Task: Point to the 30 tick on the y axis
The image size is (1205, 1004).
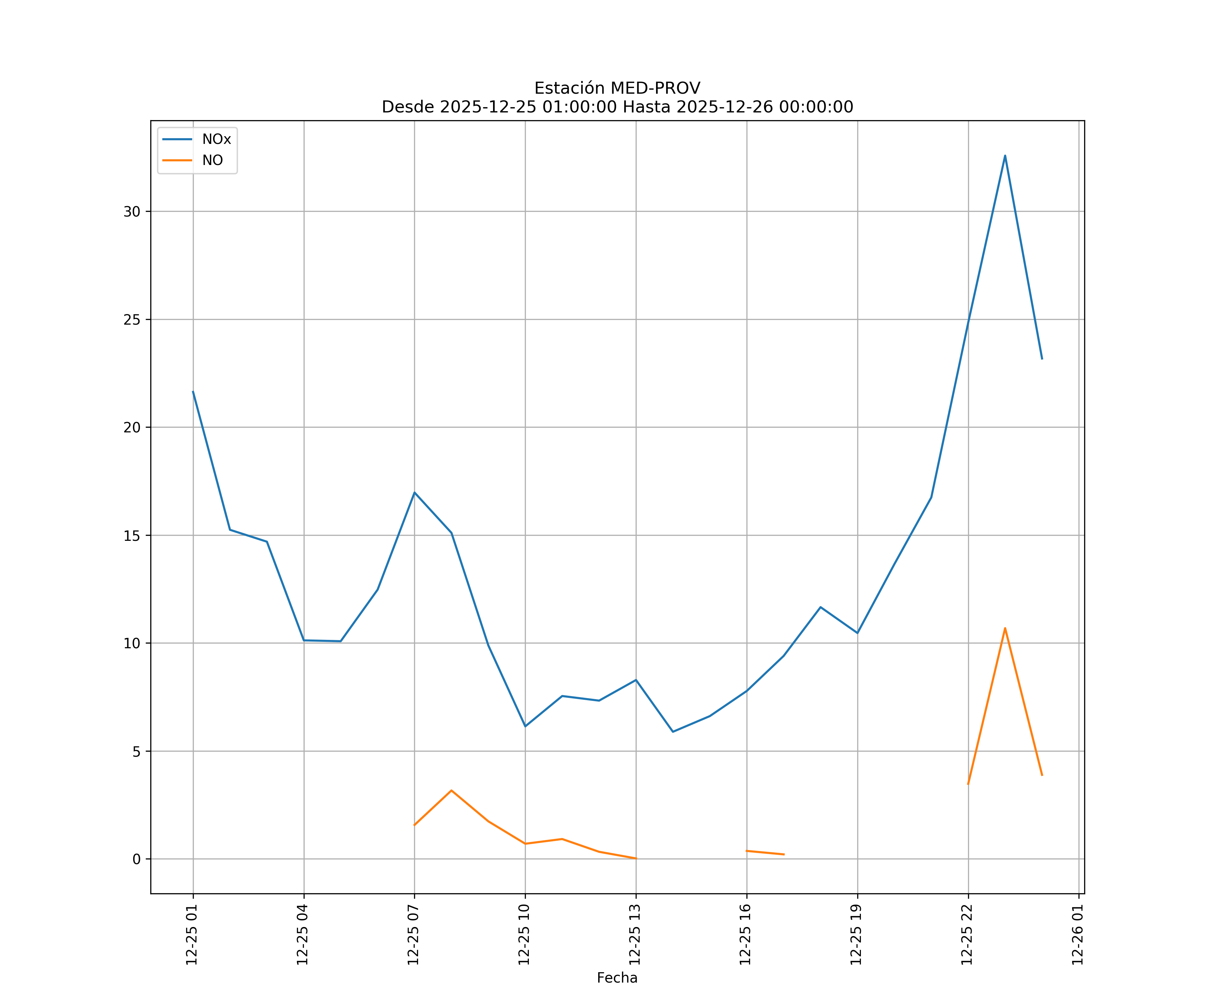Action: [132, 212]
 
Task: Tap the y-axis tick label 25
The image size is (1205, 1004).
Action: [132, 320]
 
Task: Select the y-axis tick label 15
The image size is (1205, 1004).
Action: [132, 535]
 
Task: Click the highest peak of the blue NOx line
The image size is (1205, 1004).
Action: [1005, 156]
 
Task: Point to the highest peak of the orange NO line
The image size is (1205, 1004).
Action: [1005, 628]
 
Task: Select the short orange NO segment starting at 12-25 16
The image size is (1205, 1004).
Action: [765, 852]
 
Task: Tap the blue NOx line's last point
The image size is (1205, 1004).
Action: [1041, 358]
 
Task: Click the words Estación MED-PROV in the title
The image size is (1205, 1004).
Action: [617, 88]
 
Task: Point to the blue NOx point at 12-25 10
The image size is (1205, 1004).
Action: [525, 726]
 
